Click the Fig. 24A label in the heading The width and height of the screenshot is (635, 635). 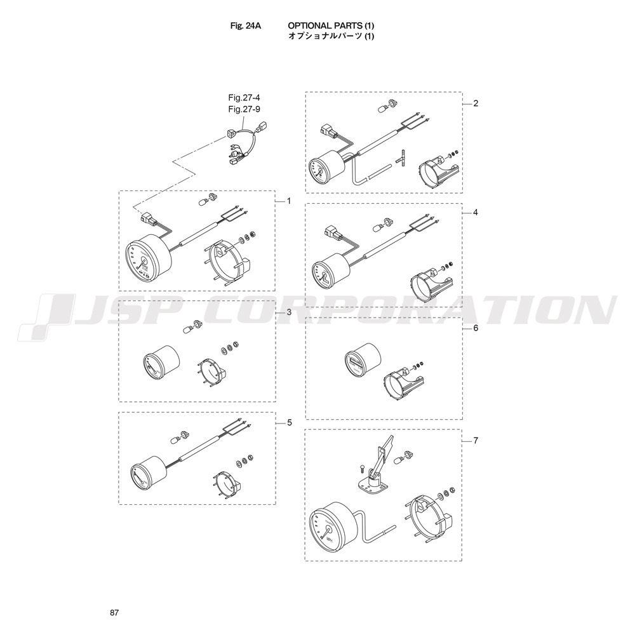[245, 25]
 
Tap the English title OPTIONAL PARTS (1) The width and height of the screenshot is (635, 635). [331, 25]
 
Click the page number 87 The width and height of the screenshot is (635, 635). [114, 613]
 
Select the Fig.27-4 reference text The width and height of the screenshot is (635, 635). [244, 98]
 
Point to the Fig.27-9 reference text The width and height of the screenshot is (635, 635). [244, 109]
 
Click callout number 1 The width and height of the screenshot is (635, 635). [289, 201]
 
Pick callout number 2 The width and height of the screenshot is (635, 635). [476, 104]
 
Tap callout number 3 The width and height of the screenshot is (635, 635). [289, 312]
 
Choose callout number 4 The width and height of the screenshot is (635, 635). [476, 212]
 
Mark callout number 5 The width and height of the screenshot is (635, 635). [289, 423]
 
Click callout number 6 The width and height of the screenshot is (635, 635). [476, 328]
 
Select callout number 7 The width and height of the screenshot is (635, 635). [476, 440]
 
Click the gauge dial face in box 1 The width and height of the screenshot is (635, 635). [139, 263]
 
